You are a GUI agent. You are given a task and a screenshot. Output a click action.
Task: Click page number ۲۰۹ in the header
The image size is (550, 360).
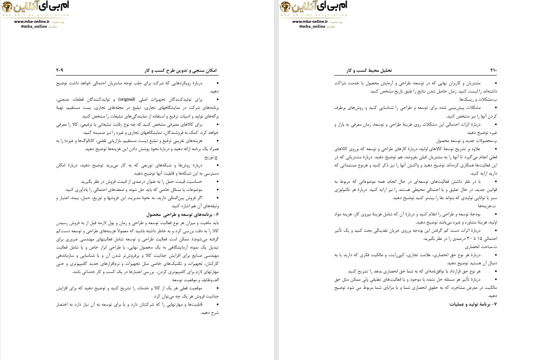point(60,71)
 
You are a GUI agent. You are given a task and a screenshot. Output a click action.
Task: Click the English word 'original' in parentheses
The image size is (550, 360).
point(127,100)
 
